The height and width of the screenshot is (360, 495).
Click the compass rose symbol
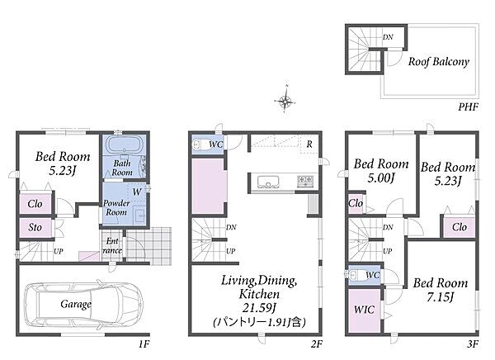[285, 101]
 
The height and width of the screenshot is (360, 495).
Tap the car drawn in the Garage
[83, 305]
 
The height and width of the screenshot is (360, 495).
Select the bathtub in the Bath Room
[125, 144]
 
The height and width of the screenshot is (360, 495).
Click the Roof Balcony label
[439, 61]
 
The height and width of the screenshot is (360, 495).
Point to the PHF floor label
[469, 107]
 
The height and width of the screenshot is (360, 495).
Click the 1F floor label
[144, 343]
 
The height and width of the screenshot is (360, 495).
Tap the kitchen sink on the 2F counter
[269, 182]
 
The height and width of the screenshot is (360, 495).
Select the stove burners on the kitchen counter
[305, 182]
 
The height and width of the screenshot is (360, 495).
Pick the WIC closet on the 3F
[365, 310]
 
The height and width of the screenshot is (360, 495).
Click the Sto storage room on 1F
[35, 228]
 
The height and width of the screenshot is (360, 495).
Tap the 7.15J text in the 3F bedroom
[441, 297]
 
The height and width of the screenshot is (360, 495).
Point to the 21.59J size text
[260, 307]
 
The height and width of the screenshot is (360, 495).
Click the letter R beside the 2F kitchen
[309, 144]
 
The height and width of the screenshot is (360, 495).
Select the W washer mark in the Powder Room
[137, 192]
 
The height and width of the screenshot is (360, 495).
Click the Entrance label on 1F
[112, 246]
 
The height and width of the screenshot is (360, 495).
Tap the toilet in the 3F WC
[354, 275]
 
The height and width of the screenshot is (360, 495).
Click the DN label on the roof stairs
[388, 37]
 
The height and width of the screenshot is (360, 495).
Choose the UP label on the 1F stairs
[59, 251]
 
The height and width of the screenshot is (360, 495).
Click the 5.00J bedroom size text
[381, 178]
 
